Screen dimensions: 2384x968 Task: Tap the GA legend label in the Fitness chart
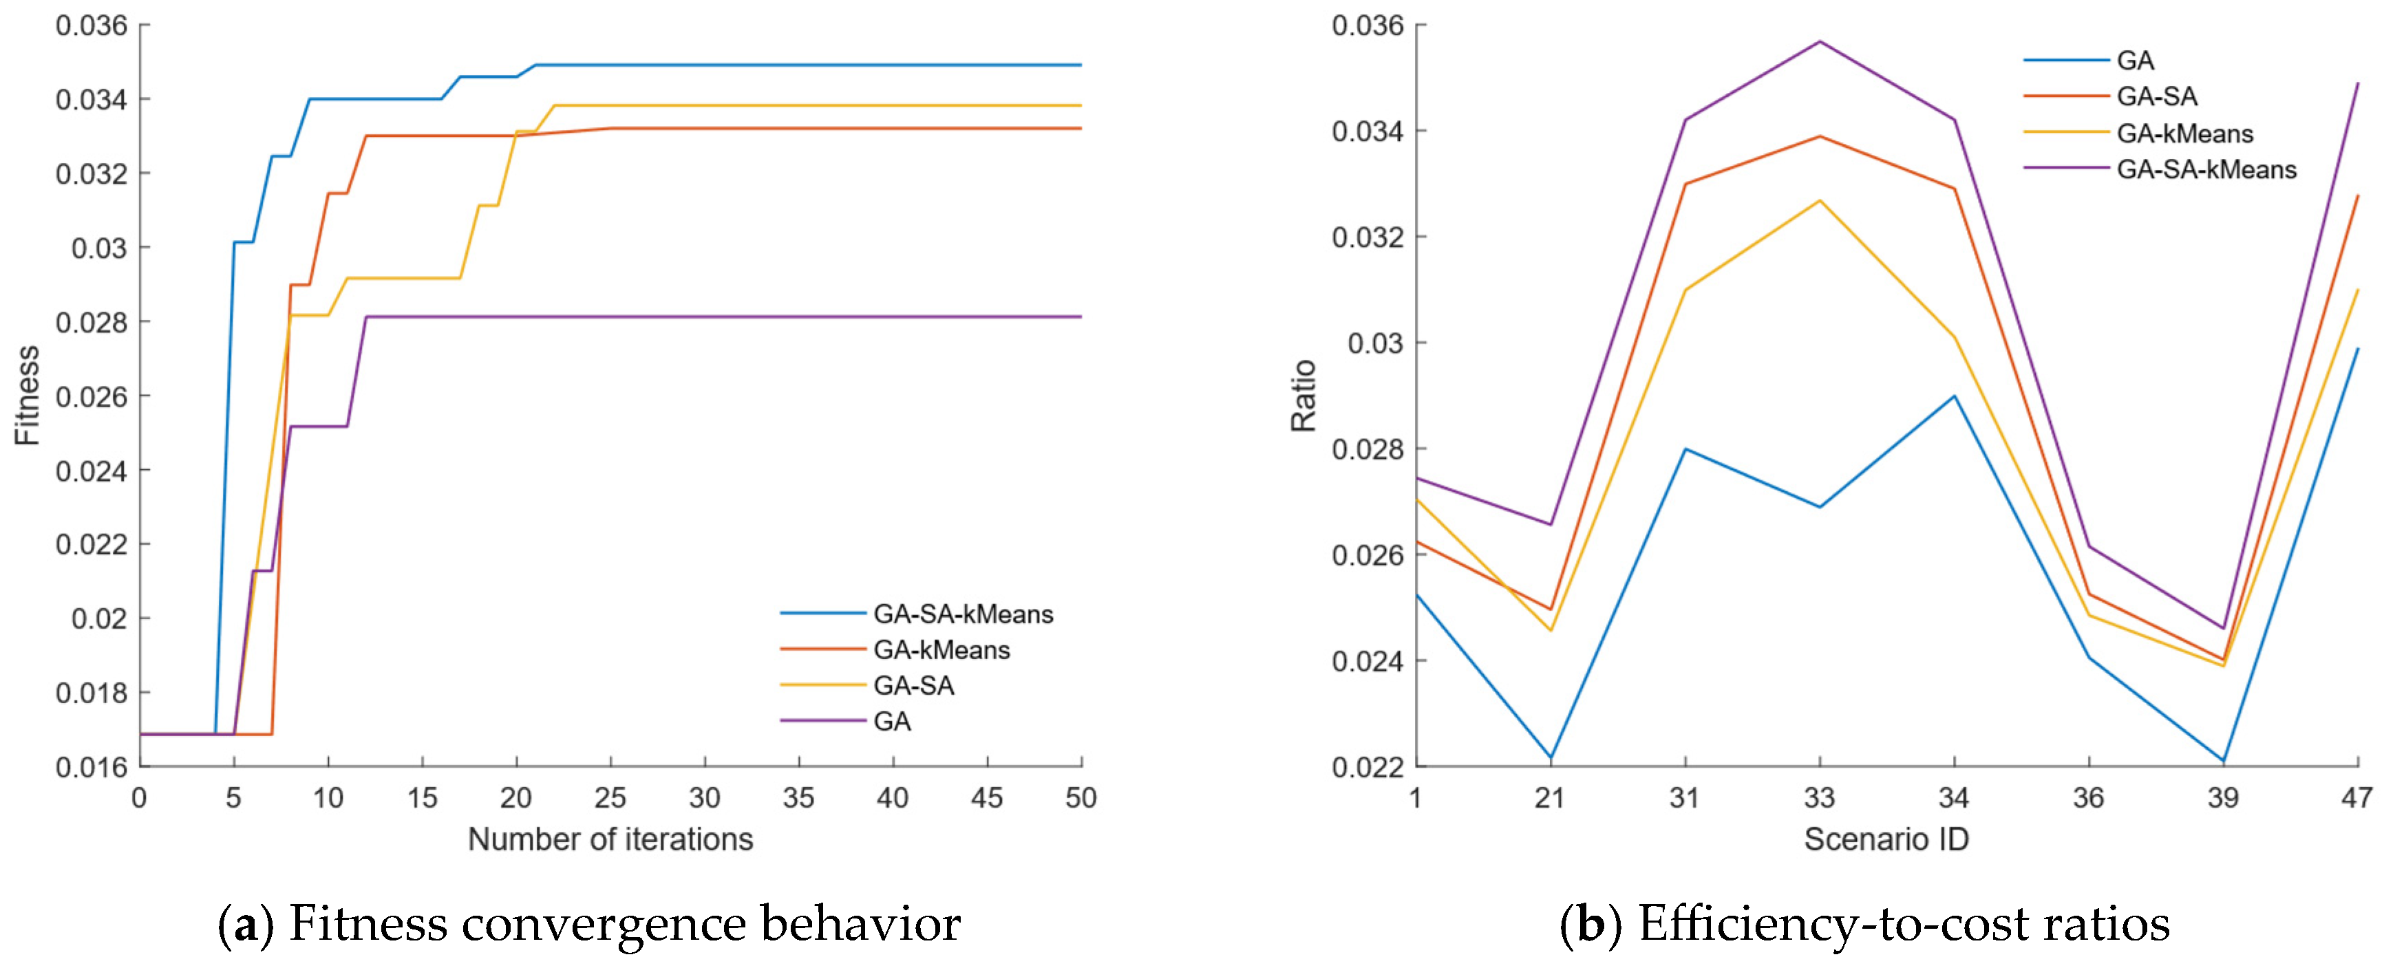(892, 721)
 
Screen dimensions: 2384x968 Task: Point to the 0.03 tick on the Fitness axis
(99, 248)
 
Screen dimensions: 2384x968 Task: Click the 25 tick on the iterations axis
(611, 797)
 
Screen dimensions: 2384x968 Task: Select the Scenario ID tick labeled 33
(1820, 797)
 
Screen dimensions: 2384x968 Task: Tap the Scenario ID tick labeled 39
(2223, 797)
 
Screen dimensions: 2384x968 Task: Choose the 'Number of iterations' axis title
(611, 839)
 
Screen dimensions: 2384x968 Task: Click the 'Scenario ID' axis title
(1886, 839)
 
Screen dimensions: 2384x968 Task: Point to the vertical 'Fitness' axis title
(28, 395)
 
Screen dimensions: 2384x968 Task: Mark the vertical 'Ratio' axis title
(1303, 395)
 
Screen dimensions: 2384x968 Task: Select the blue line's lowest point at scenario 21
(1550, 759)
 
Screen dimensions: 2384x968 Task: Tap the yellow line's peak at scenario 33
(1820, 201)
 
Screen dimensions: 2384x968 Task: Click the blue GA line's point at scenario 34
(1954, 396)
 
